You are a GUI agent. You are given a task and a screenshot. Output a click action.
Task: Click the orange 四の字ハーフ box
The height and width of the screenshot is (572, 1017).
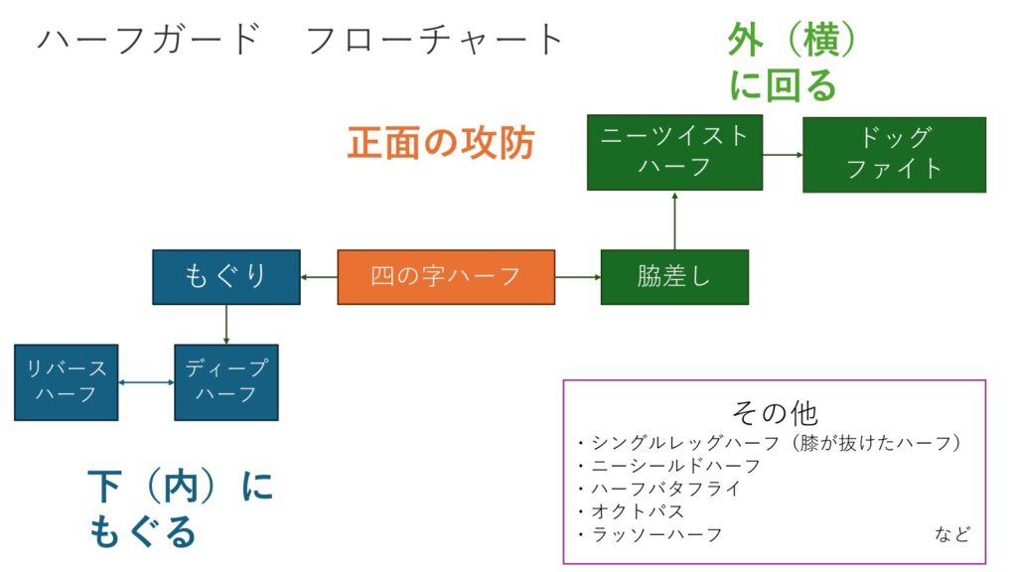pos(446,277)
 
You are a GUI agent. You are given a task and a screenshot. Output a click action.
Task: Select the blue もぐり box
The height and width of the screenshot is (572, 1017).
pos(226,277)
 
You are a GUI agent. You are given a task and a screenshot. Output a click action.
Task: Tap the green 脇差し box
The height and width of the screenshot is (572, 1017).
pos(674,277)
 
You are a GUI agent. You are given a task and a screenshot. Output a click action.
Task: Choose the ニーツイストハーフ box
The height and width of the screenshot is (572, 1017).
pos(674,152)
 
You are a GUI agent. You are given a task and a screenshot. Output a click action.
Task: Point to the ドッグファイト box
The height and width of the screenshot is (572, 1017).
pos(895,154)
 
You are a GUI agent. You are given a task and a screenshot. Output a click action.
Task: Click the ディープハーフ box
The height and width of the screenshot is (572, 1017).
pos(226,382)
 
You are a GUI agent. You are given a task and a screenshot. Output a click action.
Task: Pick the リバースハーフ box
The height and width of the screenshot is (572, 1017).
pos(67,382)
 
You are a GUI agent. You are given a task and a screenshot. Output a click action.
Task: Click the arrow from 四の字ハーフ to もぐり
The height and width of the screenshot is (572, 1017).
pos(319,277)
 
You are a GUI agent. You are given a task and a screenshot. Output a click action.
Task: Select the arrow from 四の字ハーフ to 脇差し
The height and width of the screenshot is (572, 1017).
pos(578,277)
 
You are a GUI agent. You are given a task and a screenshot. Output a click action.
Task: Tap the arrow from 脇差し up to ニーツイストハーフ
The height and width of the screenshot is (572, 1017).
pos(674,219)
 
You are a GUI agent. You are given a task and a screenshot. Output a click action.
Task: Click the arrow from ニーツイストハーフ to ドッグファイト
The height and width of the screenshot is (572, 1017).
pos(783,154)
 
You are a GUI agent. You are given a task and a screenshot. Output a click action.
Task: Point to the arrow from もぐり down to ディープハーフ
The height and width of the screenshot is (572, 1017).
pos(226,325)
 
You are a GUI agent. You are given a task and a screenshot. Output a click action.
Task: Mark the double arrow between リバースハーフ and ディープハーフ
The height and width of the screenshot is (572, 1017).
pos(147,382)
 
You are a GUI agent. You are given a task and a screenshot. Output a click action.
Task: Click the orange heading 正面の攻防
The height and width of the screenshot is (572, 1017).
pos(441,143)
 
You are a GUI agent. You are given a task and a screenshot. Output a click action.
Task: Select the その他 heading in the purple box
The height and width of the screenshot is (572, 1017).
pos(775,412)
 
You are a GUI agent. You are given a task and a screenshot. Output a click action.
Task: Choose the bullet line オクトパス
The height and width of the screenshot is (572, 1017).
pos(631,511)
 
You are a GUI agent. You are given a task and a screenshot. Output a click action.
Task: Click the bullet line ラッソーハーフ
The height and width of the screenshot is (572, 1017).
pos(650,534)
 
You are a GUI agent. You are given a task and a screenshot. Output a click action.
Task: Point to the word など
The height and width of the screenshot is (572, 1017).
pos(952,533)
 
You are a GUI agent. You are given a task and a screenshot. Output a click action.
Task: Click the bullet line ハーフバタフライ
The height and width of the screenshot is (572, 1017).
pos(659,489)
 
